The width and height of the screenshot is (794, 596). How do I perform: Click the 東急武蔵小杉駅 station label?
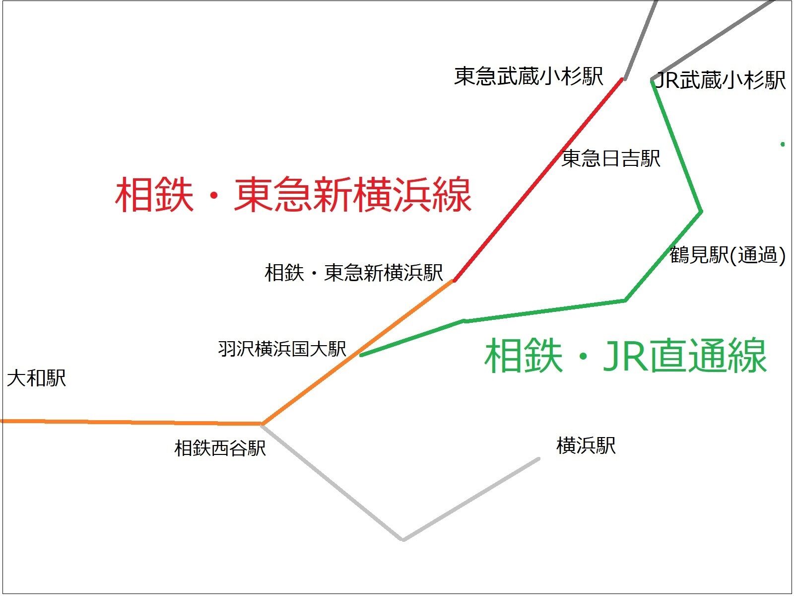pyautogui.click(x=529, y=76)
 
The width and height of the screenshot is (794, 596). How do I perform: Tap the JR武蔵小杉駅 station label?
pyautogui.click(x=721, y=80)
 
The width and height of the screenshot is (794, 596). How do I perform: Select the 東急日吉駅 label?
pyautogui.click(x=611, y=159)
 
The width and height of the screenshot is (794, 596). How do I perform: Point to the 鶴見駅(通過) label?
pyautogui.click(x=727, y=255)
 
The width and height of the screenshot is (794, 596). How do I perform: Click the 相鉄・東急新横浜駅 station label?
pyautogui.click(x=354, y=273)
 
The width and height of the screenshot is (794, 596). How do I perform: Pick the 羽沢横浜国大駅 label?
pyautogui.click(x=282, y=349)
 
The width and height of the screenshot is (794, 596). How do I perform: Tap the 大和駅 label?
pyautogui.click(x=36, y=378)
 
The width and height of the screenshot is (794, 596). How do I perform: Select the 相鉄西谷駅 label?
pyautogui.click(x=220, y=448)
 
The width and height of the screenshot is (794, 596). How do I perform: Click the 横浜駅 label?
pyautogui.click(x=586, y=446)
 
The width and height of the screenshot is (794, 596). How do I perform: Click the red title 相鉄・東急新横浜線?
pyautogui.click(x=293, y=195)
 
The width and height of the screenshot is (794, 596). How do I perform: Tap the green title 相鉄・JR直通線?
pyautogui.click(x=625, y=356)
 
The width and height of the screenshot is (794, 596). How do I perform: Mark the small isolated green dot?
pyautogui.click(x=783, y=145)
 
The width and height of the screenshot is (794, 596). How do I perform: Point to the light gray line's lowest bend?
pyautogui.click(x=403, y=539)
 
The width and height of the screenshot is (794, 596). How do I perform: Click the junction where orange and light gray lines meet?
pyautogui.click(x=262, y=424)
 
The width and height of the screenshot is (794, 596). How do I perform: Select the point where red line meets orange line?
pyautogui.click(x=454, y=281)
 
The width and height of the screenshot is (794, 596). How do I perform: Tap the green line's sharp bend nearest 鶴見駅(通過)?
pyautogui.click(x=700, y=212)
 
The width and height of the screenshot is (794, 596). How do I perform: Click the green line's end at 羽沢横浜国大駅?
pyautogui.click(x=361, y=355)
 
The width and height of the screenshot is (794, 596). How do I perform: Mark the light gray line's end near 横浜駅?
pyautogui.click(x=538, y=459)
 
